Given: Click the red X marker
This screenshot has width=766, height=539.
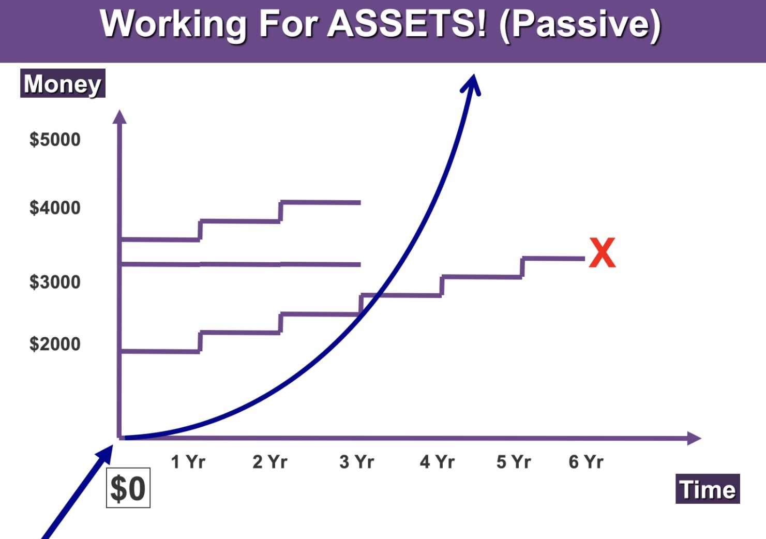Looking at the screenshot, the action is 602,252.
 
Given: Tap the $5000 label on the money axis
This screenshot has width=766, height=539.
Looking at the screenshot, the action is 55,140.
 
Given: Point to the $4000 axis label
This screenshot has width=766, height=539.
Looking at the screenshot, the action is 55,207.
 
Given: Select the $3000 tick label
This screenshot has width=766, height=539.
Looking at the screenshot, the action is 55,282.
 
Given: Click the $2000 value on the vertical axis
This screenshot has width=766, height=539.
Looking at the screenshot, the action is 55,343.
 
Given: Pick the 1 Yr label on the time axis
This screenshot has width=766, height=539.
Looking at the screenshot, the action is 188,462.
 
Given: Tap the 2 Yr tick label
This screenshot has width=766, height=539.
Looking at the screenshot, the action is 270,462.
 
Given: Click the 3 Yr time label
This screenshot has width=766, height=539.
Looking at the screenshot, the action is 357,462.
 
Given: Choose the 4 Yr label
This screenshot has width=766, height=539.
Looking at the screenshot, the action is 437,462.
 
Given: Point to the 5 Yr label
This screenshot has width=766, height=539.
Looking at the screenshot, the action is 514,462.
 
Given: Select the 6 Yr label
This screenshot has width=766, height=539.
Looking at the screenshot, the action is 586,462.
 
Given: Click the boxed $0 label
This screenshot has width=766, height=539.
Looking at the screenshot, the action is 128,488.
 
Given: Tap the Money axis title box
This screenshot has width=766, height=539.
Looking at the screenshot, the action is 63,83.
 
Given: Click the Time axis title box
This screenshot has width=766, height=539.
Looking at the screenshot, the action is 708,489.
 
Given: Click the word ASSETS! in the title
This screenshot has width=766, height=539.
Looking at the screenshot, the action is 407,24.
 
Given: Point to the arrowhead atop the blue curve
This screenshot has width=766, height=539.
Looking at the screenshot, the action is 471,84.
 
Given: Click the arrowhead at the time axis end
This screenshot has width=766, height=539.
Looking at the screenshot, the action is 694,439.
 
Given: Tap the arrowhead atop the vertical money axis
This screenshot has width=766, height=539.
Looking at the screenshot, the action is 119,116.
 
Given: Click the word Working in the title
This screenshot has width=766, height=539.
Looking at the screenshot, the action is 173,25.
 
